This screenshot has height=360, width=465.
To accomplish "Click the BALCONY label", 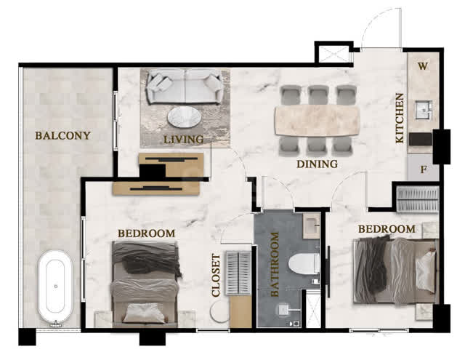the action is pos(62,135).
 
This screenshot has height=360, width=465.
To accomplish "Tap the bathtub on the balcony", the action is pos(55,287).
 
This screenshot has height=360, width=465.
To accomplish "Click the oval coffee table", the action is pos(184,117).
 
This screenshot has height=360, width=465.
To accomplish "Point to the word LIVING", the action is pos(184,140).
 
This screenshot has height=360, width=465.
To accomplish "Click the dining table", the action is pos(318,121).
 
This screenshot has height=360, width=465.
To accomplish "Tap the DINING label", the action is pos(318,164).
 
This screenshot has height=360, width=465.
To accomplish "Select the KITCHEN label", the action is pos(400,118).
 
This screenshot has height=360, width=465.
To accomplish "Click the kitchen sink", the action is pos(423,110).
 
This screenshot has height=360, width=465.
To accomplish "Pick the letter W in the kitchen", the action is pos(423,66).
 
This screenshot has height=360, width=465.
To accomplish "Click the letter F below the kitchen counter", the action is pos(424,169).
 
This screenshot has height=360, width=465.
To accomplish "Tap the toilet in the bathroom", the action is pos(304,263).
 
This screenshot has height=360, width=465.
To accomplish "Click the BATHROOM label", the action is pos(275,265).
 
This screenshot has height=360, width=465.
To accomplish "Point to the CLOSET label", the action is pos(216,275).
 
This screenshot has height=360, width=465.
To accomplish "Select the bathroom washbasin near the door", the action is pos(311,226).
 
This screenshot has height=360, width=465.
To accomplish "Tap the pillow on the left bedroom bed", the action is pos(144,313).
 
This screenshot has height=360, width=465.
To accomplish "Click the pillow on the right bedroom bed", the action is pos(426,271).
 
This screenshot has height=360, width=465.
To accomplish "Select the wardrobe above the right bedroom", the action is pos(418,199).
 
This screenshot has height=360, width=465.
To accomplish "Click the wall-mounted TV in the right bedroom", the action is pos(328,271).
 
